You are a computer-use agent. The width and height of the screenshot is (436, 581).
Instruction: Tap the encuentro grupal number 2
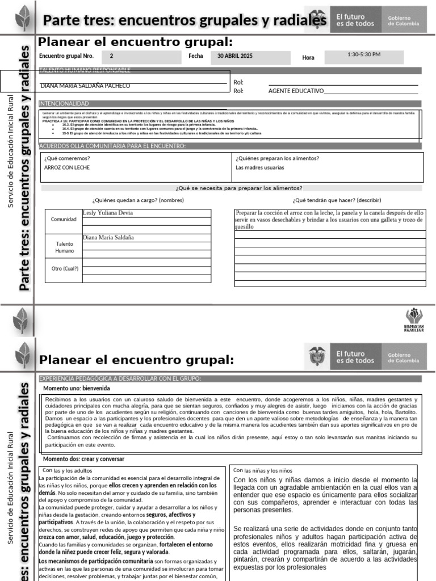click(111, 56)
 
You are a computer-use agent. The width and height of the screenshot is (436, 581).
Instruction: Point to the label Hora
click(308, 58)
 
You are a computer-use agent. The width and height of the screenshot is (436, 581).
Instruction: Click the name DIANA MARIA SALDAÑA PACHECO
click(86, 86)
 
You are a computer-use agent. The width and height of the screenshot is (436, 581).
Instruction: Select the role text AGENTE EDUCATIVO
click(295, 91)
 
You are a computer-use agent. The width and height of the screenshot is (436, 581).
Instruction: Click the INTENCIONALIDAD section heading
click(64, 103)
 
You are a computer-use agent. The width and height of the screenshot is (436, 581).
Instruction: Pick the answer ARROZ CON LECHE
click(67, 167)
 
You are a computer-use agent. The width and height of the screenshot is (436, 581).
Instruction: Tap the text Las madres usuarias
click(260, 167)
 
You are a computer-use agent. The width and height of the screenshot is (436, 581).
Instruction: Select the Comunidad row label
click(64, 219)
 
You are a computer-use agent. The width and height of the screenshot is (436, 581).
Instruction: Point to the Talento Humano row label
click(64, 247)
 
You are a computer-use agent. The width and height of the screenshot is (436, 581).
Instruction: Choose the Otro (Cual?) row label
click(65, 268)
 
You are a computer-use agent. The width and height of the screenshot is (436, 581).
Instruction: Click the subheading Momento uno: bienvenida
click(77, 388)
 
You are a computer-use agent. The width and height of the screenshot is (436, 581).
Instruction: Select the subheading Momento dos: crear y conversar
click(84, 458)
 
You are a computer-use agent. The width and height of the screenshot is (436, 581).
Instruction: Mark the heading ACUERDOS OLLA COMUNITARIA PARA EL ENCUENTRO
click(112, 146)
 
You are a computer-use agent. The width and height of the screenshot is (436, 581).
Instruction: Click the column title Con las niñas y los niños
click(263, 470)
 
